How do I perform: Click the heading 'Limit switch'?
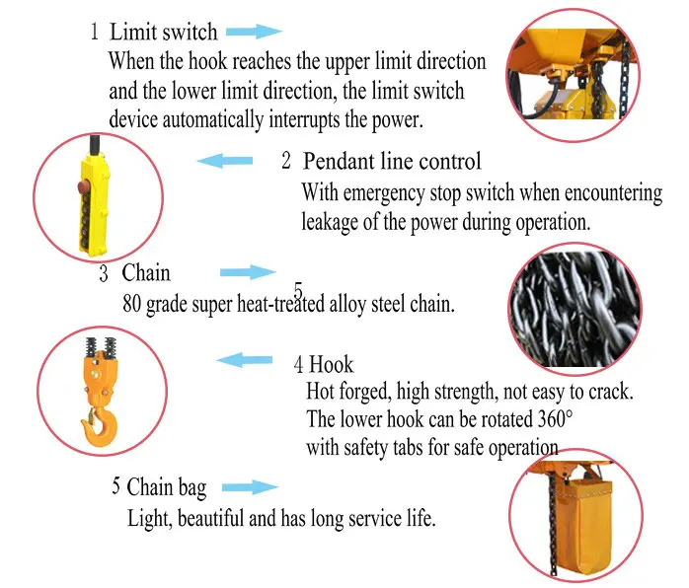point(164,32)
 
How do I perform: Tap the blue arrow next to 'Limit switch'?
point(254,32)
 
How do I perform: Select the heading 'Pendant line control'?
point(392,161)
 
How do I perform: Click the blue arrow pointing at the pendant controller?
point(224,161)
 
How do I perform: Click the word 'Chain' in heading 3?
point(146,272)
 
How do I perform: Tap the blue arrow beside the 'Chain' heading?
point(248,272)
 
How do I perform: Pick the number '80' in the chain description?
point(131,304)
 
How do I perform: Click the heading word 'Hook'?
point(331,364)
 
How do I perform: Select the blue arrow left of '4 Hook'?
point(245,360)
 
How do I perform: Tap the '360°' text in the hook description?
point(556,419)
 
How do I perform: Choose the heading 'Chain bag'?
point(167,487)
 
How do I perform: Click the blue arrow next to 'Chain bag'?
point(250,487)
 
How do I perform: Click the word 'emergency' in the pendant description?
point(384,193)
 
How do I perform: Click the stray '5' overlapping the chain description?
point(298,290)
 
